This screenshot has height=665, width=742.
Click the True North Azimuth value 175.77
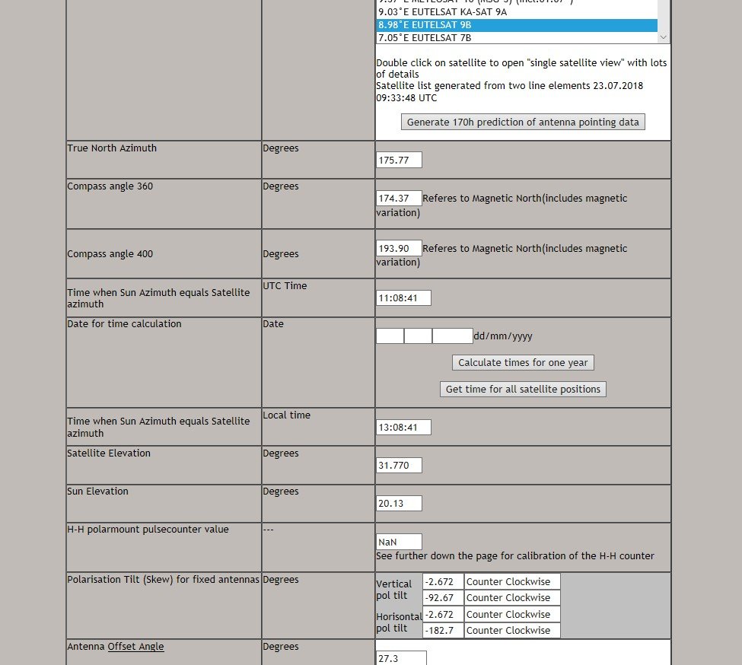click(x=399, y=160)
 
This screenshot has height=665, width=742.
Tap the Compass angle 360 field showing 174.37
click(x=399, y=199)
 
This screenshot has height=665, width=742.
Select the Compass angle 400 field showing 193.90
click(x=399, y=249)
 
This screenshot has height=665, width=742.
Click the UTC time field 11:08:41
click(x=403, y=297)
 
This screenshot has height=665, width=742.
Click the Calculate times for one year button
click(x=523, y=363)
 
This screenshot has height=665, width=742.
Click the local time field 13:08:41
click(x=403, y=428)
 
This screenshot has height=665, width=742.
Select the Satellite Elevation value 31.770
click(x=399, y=466)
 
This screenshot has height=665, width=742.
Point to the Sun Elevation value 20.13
click(x=399, y=504)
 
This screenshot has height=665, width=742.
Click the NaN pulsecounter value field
click(x=399, y=542)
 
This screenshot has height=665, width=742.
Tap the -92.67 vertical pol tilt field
click(x=443, y=598)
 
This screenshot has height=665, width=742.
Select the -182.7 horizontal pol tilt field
click(x=443, y=630)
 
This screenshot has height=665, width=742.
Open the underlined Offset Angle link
click(x=135, y=647)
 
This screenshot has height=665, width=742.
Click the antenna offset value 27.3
click(x=401, y=658)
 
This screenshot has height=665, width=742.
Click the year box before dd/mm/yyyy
click(x=453, y=336)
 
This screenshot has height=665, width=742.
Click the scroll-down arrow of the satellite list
click(x=664, y=37)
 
